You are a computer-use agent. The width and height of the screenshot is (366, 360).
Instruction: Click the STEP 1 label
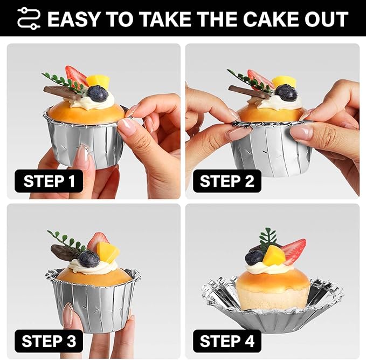click(49, 181)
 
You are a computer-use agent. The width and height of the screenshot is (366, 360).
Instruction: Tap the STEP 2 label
click(227, 181)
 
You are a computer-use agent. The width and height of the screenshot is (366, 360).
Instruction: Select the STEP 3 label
click(49, 341)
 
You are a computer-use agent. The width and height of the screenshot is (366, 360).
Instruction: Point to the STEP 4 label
click(227, 341)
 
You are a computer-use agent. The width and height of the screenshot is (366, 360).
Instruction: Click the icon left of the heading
click(29, 18)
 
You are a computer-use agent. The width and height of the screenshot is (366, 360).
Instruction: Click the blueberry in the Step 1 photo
click(98, 93)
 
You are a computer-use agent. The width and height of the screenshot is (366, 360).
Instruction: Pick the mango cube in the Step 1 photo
click(98, 81)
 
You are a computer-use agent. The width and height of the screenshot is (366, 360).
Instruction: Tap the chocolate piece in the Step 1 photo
click(63, 92)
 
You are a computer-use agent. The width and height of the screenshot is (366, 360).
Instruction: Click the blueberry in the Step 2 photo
click(286, 92)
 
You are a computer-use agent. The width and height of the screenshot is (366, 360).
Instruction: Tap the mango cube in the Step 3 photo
click(107, 252)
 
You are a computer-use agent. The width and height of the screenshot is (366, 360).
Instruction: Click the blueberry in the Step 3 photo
click(89, 259)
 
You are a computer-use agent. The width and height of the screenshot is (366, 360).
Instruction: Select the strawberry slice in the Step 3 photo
click(98, 241)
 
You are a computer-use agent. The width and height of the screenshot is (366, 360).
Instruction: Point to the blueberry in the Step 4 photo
click(254, 257)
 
